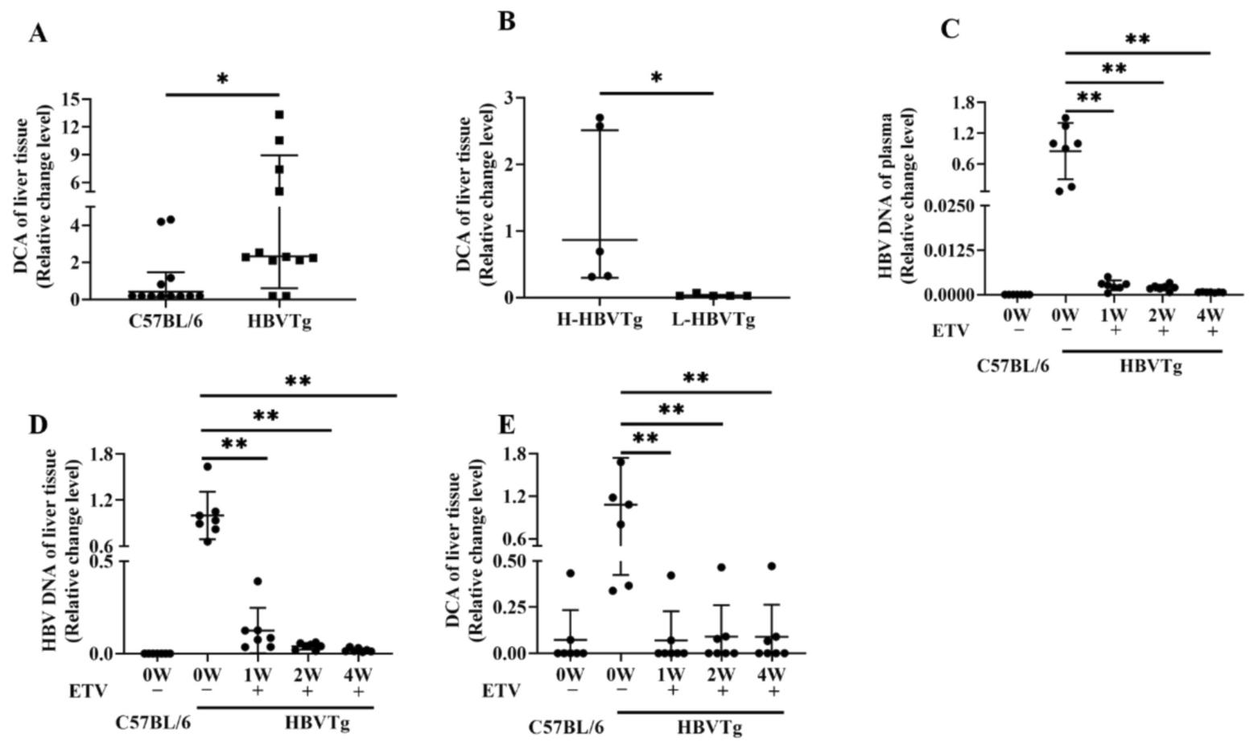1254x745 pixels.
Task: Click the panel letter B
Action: tap(506, 21)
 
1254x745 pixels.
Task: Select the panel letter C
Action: tap(950, 29)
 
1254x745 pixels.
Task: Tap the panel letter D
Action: tap(39, 424)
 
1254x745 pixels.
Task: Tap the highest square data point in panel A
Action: tap(279, 115)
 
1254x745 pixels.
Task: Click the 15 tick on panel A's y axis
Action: tap(70, 99)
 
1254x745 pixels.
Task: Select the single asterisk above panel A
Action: tap(222, 80)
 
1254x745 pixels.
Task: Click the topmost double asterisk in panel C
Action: tap(1137, 39)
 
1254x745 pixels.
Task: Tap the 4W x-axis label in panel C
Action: tap(1211, 311)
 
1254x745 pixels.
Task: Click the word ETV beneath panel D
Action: tap(88, 691)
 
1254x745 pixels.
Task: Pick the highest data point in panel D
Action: tap(208, 467)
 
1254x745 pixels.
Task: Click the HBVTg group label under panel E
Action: tap(709, 727)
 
